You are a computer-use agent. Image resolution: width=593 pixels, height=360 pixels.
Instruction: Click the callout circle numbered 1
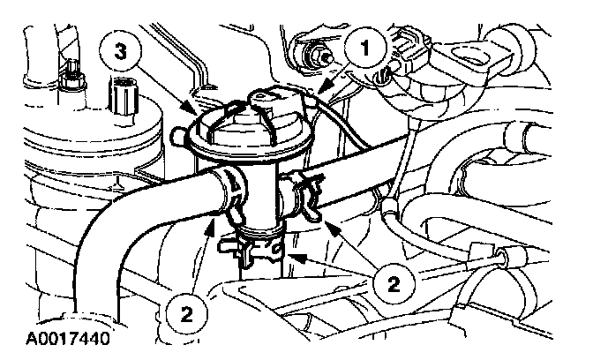pos(362,48)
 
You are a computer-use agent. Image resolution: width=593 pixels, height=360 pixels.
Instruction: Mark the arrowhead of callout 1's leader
pos(322,92)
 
